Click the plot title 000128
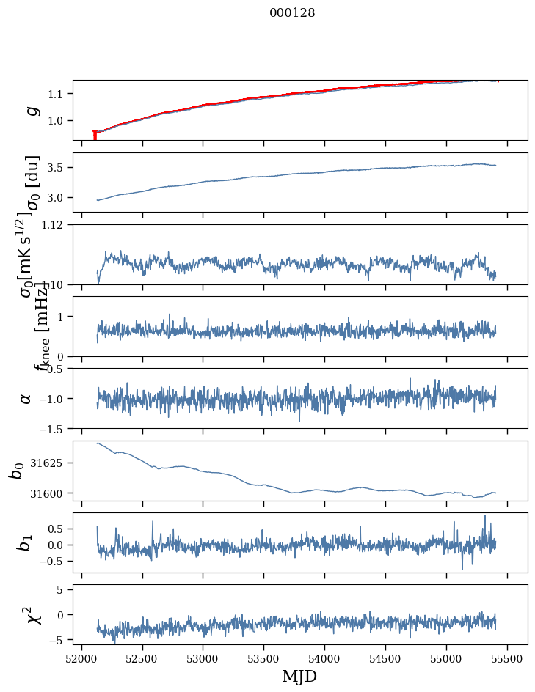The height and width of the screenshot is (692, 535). coord(292,13)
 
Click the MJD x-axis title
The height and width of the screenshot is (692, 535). coord(299,676)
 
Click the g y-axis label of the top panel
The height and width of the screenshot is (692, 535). coord(32,110)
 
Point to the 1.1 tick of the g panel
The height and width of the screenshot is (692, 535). coord(58,94)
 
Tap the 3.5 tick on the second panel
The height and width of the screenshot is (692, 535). coord(58,168)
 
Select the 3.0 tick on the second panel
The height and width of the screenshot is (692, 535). coord(58,198)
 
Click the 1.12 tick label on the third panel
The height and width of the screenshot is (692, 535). coord(57,225)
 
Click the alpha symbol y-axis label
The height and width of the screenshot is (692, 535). coord(26,398)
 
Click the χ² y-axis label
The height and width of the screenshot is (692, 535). coord(32,615)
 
